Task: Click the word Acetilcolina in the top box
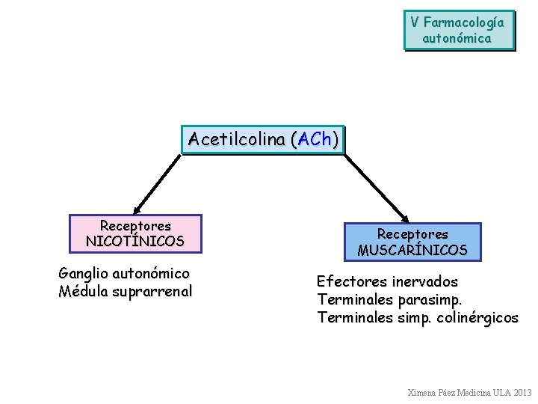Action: coord(237,139)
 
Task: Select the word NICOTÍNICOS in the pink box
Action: coord(135,241)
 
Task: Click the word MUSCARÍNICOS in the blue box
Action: coord(412,250)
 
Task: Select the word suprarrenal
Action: coord(152,291)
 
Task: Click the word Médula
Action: coord(83,291)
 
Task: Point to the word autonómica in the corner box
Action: coord(457,37)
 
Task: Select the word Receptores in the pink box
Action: coord(135,225)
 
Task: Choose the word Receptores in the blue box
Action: coord(412,234)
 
